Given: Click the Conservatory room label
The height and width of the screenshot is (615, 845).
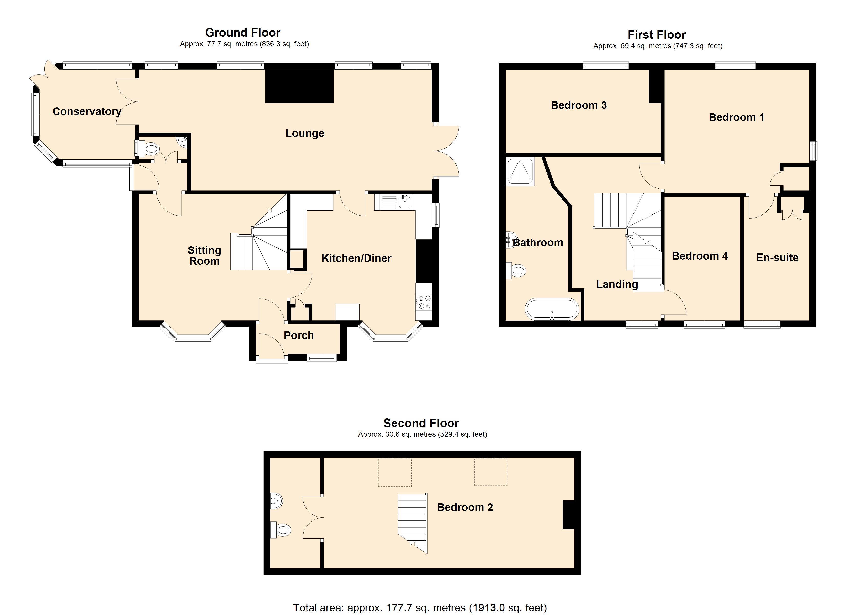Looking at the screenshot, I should [x=87, y=111].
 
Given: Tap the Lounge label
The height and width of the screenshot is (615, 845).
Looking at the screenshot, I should [x=304, y=133].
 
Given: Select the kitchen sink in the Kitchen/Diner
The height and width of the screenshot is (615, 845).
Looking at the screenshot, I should [x=405, y=202].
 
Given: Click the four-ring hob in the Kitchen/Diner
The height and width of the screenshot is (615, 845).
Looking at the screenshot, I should [x=424, y=302].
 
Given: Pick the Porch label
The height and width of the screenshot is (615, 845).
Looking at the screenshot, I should [x=298, y=335].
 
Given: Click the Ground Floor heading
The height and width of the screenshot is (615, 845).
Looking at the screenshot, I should [x=242, y=33].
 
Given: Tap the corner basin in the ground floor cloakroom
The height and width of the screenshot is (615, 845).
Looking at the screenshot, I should [x=183, y=141].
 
